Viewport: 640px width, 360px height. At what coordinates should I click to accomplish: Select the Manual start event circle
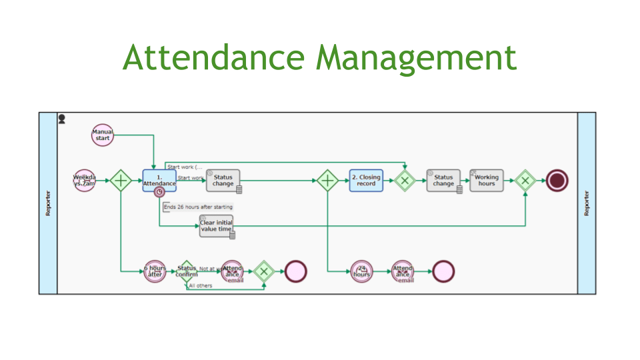[x=103, y=135]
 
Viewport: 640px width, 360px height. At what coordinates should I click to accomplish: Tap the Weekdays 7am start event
[x=85, y=180]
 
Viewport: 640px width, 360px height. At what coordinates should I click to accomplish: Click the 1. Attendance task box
[x=159, y=180]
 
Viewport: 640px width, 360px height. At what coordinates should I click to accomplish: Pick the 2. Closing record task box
[x=366, y=180]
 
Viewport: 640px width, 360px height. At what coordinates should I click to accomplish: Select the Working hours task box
[x=487, y=180]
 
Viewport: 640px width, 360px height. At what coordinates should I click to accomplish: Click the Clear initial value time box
[x=216, y=226]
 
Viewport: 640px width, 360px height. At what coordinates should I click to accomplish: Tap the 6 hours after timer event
[x=155, y=271]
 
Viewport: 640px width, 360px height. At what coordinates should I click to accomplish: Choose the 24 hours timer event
[x=361, y=271]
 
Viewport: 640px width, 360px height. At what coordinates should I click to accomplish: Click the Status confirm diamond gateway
[x=187, y=271]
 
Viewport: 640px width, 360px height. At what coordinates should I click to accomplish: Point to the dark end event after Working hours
[x=557, y=180]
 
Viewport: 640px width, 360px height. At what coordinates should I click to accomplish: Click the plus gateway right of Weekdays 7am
[x=121, y=180]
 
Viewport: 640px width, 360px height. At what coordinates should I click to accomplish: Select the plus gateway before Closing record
[x=327, y=180]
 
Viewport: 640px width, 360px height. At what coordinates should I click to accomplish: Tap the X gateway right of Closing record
[x=405, y=180]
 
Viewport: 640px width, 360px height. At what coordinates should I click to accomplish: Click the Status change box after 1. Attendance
[x=223, y=180]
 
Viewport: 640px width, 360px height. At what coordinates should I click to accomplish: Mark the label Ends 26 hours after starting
[x=198, y=207]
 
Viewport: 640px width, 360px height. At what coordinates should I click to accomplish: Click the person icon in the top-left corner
[x=62, y=119]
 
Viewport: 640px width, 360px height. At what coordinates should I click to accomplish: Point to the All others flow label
[x=201, y=285]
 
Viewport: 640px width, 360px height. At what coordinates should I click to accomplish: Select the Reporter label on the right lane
[x=587, y=203]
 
